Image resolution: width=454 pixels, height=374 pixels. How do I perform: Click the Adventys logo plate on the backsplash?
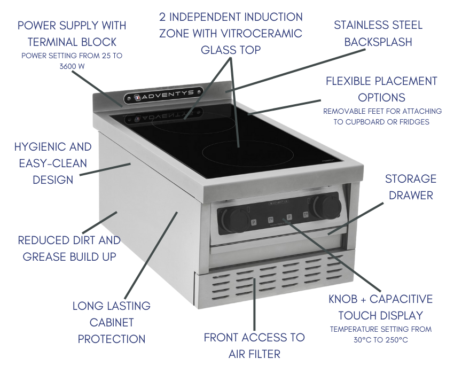(x=163, y=97)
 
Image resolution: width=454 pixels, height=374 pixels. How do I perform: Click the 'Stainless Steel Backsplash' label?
(x=378, y=33)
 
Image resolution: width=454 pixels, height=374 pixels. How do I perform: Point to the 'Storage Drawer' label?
(x=410, y=186)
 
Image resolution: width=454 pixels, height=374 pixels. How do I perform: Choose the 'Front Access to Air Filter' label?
(x=254, y=345)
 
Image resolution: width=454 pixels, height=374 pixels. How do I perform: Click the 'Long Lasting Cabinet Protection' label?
(x=112, y=322)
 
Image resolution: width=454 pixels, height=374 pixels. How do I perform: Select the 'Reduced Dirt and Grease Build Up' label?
(x=69, y=248)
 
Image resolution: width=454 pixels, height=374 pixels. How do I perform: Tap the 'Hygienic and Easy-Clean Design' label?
(x=53, y=163)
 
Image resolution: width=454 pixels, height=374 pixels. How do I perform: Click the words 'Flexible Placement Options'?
(x=381, y=89)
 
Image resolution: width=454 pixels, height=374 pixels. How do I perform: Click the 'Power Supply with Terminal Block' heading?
(x=72, y=33)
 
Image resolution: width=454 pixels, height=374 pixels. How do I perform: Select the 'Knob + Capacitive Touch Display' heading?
(x=380, y=307)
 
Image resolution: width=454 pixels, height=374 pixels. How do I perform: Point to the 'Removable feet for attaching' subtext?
(x=382, y=111)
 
